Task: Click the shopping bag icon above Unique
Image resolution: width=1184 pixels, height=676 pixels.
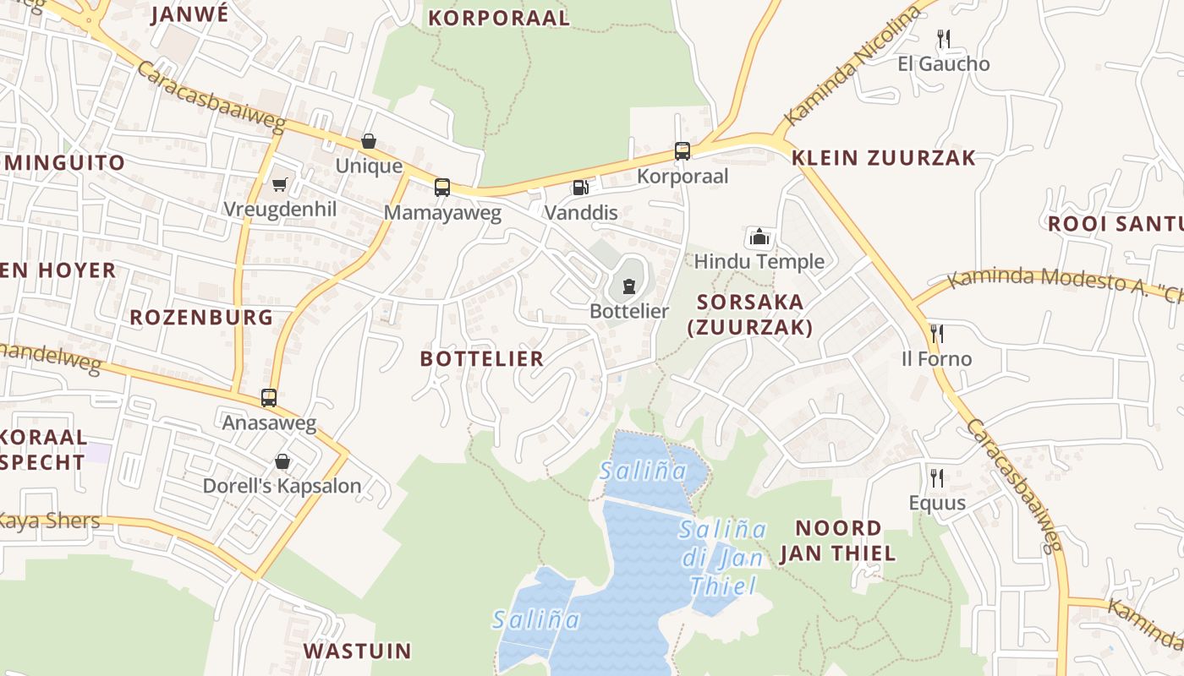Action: coord(368,141)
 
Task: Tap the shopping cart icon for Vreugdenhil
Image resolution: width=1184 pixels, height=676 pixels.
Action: coord(279,184)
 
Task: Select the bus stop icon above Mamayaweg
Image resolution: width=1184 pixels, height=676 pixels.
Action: coord(441,187)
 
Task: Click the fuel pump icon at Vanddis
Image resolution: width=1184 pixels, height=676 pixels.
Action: coord(580,187)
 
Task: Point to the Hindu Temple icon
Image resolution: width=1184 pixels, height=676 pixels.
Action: coord(759,237)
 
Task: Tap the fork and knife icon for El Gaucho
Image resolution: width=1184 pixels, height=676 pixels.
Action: coord(944,39)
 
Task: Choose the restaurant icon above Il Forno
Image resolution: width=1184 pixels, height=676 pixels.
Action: coord(936,333)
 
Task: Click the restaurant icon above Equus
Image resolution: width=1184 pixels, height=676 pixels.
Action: coord(936,478)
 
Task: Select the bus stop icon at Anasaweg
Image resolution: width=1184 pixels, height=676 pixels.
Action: coord(269,397)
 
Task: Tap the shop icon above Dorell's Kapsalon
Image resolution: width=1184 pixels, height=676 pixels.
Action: coord(282,461)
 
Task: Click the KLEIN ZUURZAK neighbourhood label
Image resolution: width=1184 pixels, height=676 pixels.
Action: coord(884,158)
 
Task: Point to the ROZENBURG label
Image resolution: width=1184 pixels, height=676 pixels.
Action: coord(201,318)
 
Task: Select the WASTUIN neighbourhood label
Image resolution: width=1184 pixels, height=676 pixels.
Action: coord(357,651)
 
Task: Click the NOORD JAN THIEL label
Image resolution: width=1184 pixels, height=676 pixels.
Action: coord(837,541)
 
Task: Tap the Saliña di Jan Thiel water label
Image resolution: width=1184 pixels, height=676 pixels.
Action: coord(723,558)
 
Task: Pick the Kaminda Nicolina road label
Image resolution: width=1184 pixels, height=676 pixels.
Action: coord(852,65)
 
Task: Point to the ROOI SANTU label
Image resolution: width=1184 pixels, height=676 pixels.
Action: coord(1115,224)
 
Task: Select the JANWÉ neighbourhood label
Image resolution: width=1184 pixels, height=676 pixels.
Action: coord(189,14)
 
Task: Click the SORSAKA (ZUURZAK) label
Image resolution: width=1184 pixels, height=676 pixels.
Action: coord(751,314)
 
